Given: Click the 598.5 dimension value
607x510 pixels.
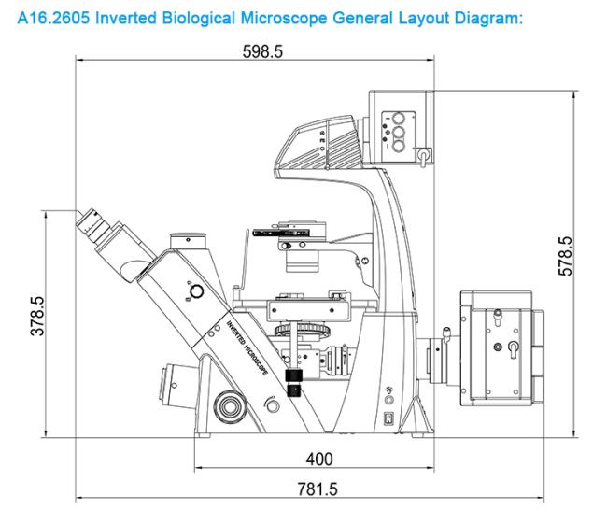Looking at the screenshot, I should point(261,52).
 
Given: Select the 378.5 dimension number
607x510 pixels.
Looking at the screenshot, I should point(38,318).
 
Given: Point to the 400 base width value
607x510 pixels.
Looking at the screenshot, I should point(319,459).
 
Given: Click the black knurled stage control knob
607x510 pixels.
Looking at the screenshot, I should point(297,382).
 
